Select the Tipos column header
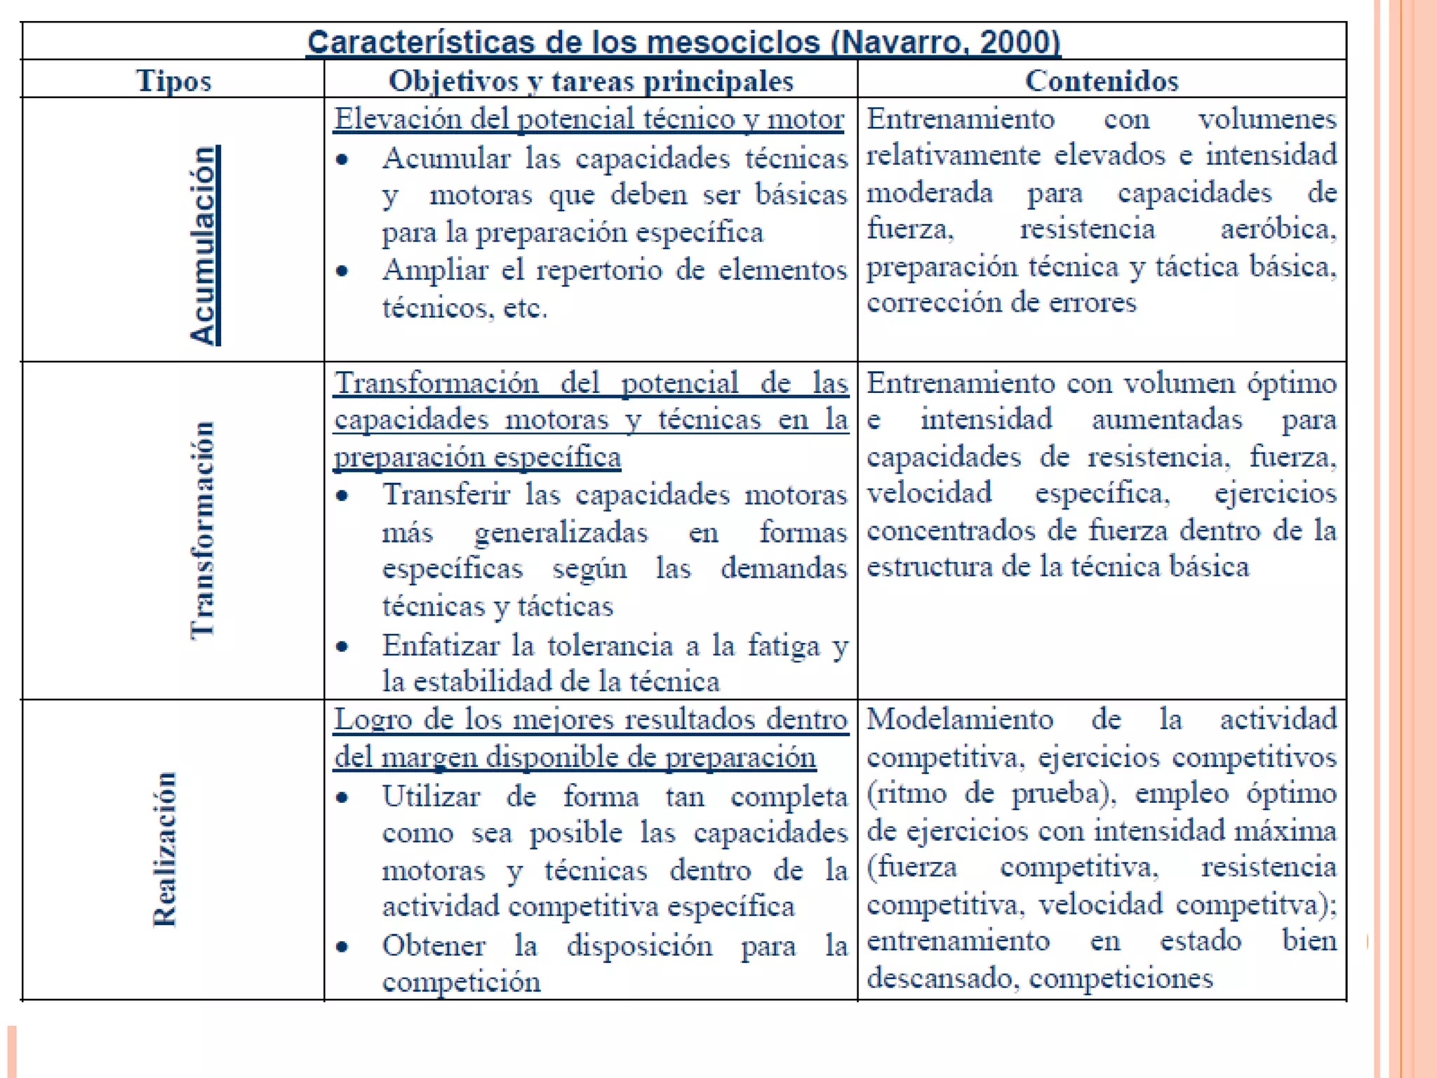point(173,80)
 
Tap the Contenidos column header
point(1102,80)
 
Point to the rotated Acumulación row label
point(204,245)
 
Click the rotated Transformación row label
point(203,531)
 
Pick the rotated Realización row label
point(166,850)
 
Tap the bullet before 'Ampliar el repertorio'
point(342,271)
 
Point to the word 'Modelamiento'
point(960,719)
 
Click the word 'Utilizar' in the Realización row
point(431,797)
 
